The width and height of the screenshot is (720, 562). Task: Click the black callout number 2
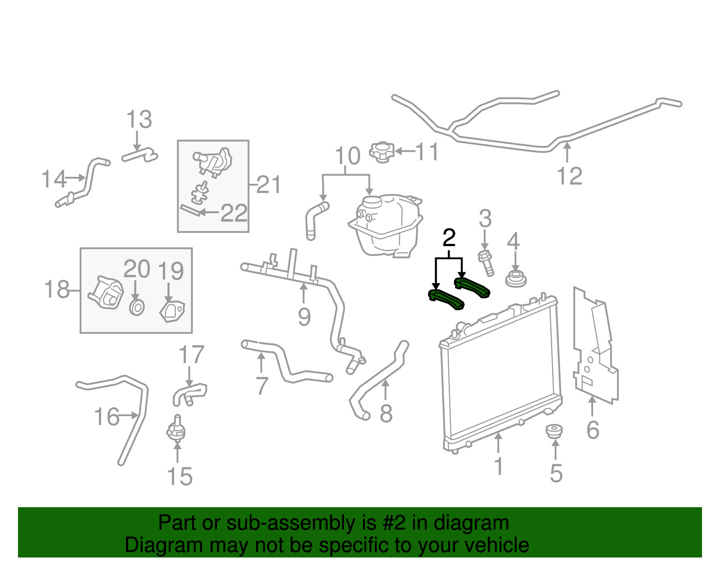point(449,238)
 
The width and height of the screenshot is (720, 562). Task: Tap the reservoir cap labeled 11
point(382,152)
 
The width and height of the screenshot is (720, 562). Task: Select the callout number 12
point(569,176)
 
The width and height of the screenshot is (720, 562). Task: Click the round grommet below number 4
point(516,279)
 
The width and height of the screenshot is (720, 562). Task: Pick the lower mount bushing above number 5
point(554,431)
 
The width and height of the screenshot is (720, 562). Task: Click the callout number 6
point(593,430)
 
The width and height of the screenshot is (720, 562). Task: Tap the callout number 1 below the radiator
point(498,466)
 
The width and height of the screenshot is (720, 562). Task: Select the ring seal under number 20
point(137,308)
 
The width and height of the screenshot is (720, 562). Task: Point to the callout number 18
point(57,289)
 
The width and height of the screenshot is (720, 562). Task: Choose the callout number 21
point(269,184)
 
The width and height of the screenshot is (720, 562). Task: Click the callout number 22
point(234,213)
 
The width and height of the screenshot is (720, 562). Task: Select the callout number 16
point(107,417)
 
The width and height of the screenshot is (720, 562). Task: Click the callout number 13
point(139,120)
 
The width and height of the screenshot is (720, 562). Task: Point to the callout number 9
point(304,317)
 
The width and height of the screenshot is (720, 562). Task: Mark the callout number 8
point(386,414)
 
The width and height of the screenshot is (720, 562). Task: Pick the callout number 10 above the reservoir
point(347,156)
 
